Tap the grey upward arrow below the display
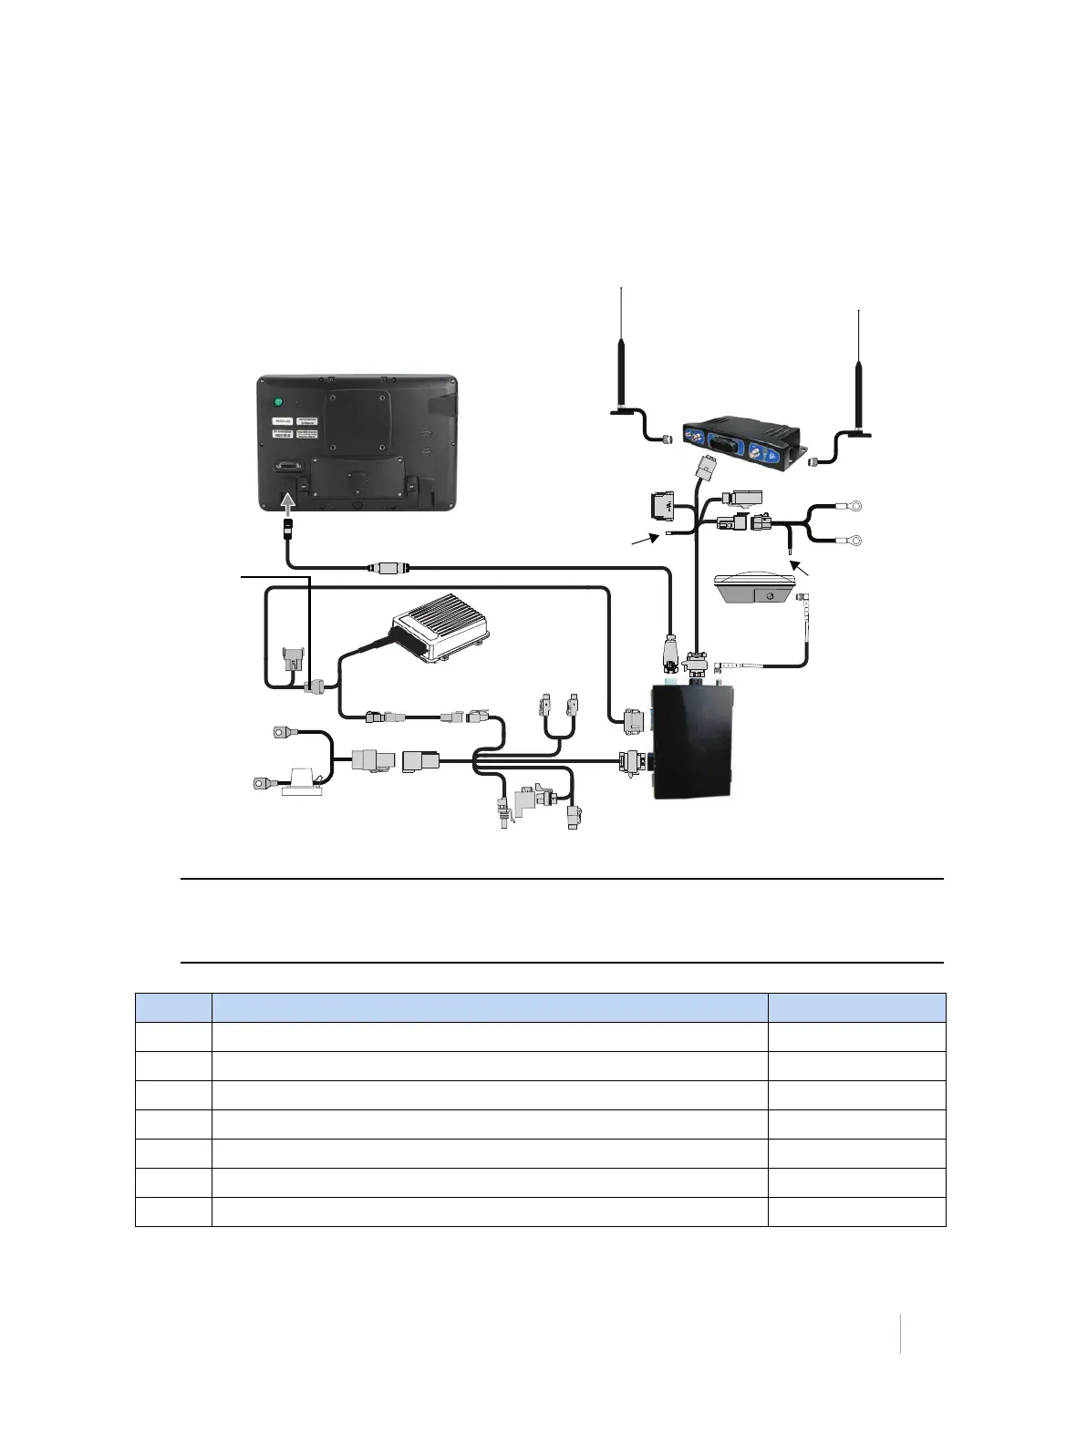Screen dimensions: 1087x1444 (288, 502)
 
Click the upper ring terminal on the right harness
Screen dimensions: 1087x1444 (854, 506)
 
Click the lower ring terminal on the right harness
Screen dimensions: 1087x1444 (854, 541)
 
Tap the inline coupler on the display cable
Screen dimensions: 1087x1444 (388, 568)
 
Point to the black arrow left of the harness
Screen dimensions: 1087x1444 (645, 541)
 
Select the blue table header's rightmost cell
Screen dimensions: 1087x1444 (856, 1007)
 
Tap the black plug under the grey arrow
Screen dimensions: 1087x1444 (286, 528)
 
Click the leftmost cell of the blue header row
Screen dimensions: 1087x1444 (173, 1007)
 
